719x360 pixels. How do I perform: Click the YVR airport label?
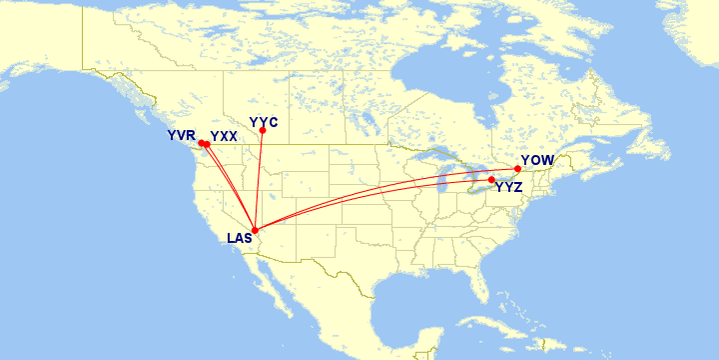tap(181, 135)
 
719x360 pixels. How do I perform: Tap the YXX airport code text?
tap(224, 136)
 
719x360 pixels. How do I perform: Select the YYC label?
tap(263, 122)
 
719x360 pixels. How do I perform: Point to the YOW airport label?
tap(537, 160)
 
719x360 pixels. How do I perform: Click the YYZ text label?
tap(509, 188)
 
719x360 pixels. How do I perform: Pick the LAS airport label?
tap(240, 239)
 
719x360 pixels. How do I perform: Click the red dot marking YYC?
tap(262, 131)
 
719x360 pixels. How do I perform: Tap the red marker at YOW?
tap(517, 169)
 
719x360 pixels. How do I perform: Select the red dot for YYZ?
tap(491, 180)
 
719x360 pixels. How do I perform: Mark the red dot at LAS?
tap(255, 231)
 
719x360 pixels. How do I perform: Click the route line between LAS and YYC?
tap(259, 180)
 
